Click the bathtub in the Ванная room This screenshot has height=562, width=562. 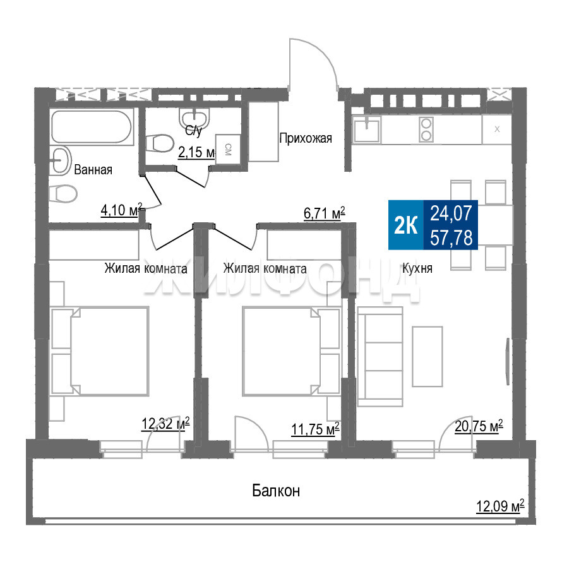click(92, 127)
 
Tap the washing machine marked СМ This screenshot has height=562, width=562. click(228, 149)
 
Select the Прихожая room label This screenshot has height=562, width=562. click(306, 138)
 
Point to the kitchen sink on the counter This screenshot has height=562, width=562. click(367, 129)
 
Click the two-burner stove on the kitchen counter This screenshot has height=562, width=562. click(426, 129)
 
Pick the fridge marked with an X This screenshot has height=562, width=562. click(497, 129)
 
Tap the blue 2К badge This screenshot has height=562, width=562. click(406, 225)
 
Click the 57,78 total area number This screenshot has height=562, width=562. click(451, 237)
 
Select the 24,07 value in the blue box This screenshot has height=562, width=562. click(451, 213)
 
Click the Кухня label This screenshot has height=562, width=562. click(417, 268)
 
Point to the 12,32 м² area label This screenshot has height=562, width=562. click(165, 424)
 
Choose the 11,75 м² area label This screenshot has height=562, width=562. click(315, 429)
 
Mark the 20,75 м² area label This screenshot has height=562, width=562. click(479, 426)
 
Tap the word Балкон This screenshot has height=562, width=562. click(276, 490)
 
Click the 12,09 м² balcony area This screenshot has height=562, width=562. click(500, 506)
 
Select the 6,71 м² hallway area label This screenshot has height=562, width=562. click(325, 213)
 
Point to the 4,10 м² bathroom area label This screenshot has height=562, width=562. click(121, 210)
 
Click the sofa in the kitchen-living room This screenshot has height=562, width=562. click(380, 356)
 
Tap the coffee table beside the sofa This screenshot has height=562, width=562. click(427, 356)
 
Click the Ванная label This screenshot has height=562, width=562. click(93, 169)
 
